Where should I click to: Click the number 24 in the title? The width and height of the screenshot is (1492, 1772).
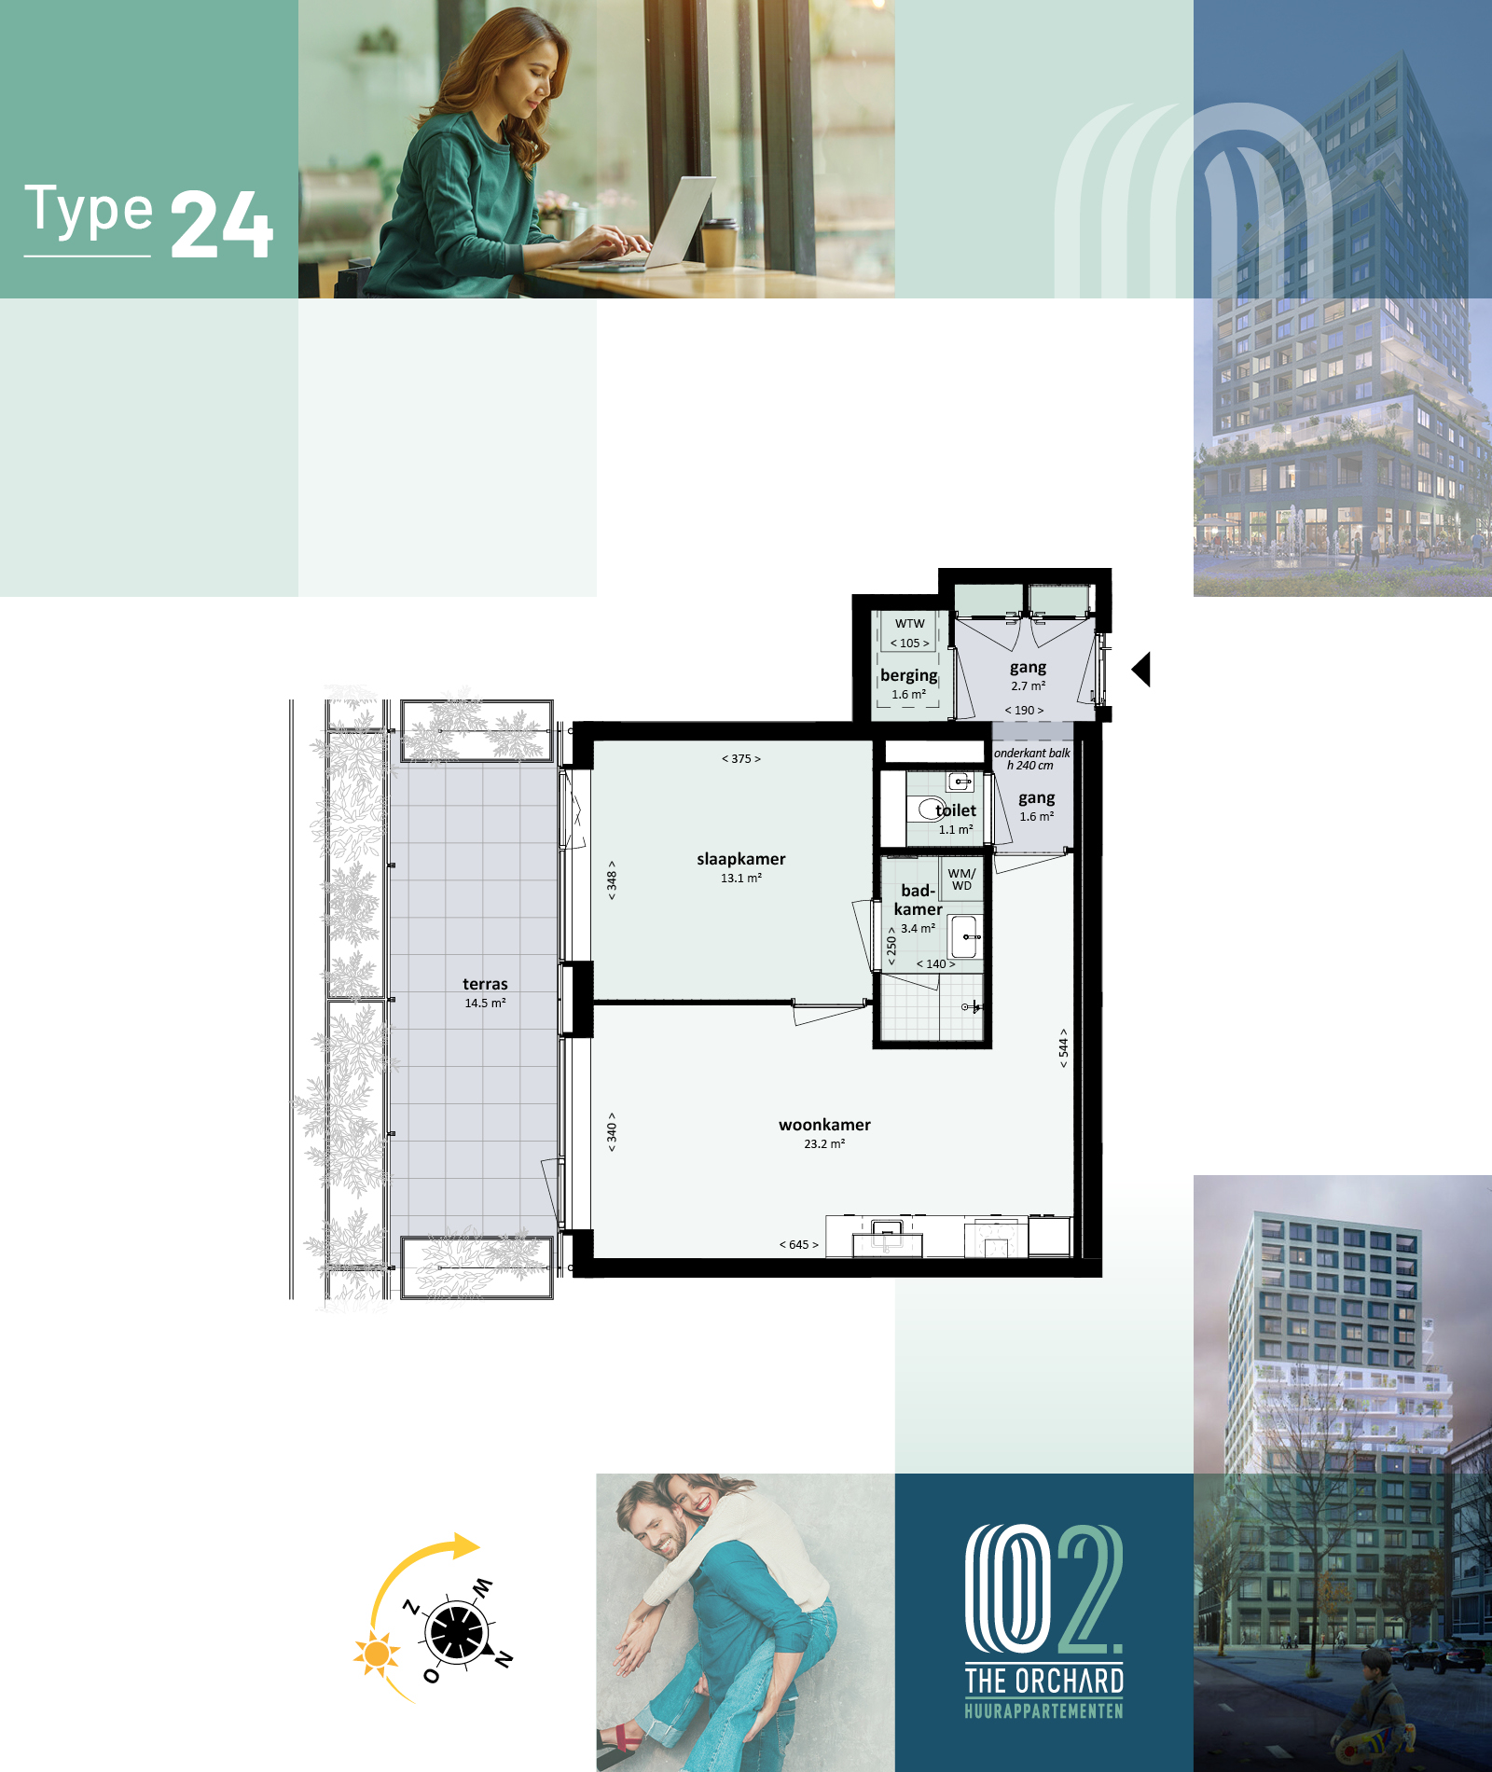[222, 225]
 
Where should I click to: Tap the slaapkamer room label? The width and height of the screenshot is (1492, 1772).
[741, 859]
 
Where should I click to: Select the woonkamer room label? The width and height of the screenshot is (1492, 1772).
[824, 1125]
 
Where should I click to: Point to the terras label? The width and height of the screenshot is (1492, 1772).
[485, 984]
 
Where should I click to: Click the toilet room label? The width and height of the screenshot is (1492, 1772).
[956, 810]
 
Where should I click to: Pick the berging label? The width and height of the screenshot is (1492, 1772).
[909, 675]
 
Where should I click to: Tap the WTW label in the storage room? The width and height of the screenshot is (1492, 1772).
[910, 624]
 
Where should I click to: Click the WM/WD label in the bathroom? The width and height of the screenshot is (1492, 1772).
[961, 879]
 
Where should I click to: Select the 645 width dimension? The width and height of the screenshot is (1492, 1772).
[799, 1244]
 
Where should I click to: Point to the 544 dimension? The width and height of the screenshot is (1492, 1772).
[1063, 1048]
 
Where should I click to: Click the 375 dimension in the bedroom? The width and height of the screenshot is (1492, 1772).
[741, 758]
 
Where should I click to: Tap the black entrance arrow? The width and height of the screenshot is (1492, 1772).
[1141, 669]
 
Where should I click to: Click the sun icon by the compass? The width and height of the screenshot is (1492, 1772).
[377, 1654]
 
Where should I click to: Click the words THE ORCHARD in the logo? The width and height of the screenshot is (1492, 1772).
[1044, 1681]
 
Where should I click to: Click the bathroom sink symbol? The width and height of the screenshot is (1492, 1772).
[964, 936]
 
